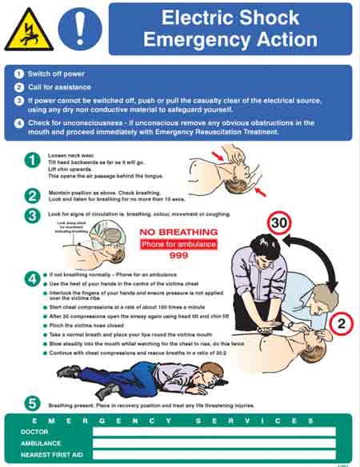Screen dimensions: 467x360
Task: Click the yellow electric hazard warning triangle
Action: (x=29, y=31)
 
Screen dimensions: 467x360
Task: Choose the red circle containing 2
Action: (x=338, y=323)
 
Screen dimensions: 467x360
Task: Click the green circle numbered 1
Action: (x=31, y=161)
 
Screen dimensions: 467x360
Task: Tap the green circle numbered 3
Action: (x=31, y=215)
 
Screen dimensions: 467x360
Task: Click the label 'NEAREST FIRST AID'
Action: (x=53, y=455)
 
